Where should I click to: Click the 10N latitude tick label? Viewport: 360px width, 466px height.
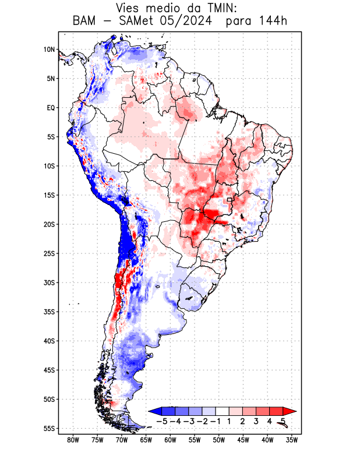(49, 50)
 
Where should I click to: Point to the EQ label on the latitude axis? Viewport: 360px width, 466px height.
(51, 108)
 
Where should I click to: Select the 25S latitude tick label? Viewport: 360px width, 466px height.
(49, 253)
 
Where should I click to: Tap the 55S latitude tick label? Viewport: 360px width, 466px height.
(49, 429)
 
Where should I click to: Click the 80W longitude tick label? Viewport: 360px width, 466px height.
(73, 440)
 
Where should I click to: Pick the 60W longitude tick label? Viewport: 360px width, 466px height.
(170, 440)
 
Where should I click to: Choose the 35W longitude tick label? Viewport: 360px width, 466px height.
(292, 440)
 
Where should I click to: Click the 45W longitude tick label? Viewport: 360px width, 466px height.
(243, 440)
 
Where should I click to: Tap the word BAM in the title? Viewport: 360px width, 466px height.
(85, 22)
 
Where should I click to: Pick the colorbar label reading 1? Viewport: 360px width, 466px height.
(229, 421)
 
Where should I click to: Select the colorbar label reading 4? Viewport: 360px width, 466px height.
(269, 421)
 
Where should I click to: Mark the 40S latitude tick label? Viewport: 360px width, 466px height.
(49, 341)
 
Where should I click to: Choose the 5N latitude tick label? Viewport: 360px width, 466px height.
(51, 79)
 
